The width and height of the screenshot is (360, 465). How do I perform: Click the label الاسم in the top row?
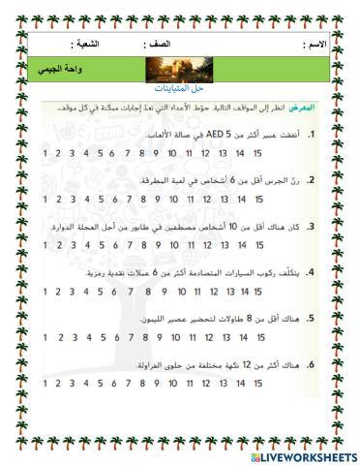[315, 46]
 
